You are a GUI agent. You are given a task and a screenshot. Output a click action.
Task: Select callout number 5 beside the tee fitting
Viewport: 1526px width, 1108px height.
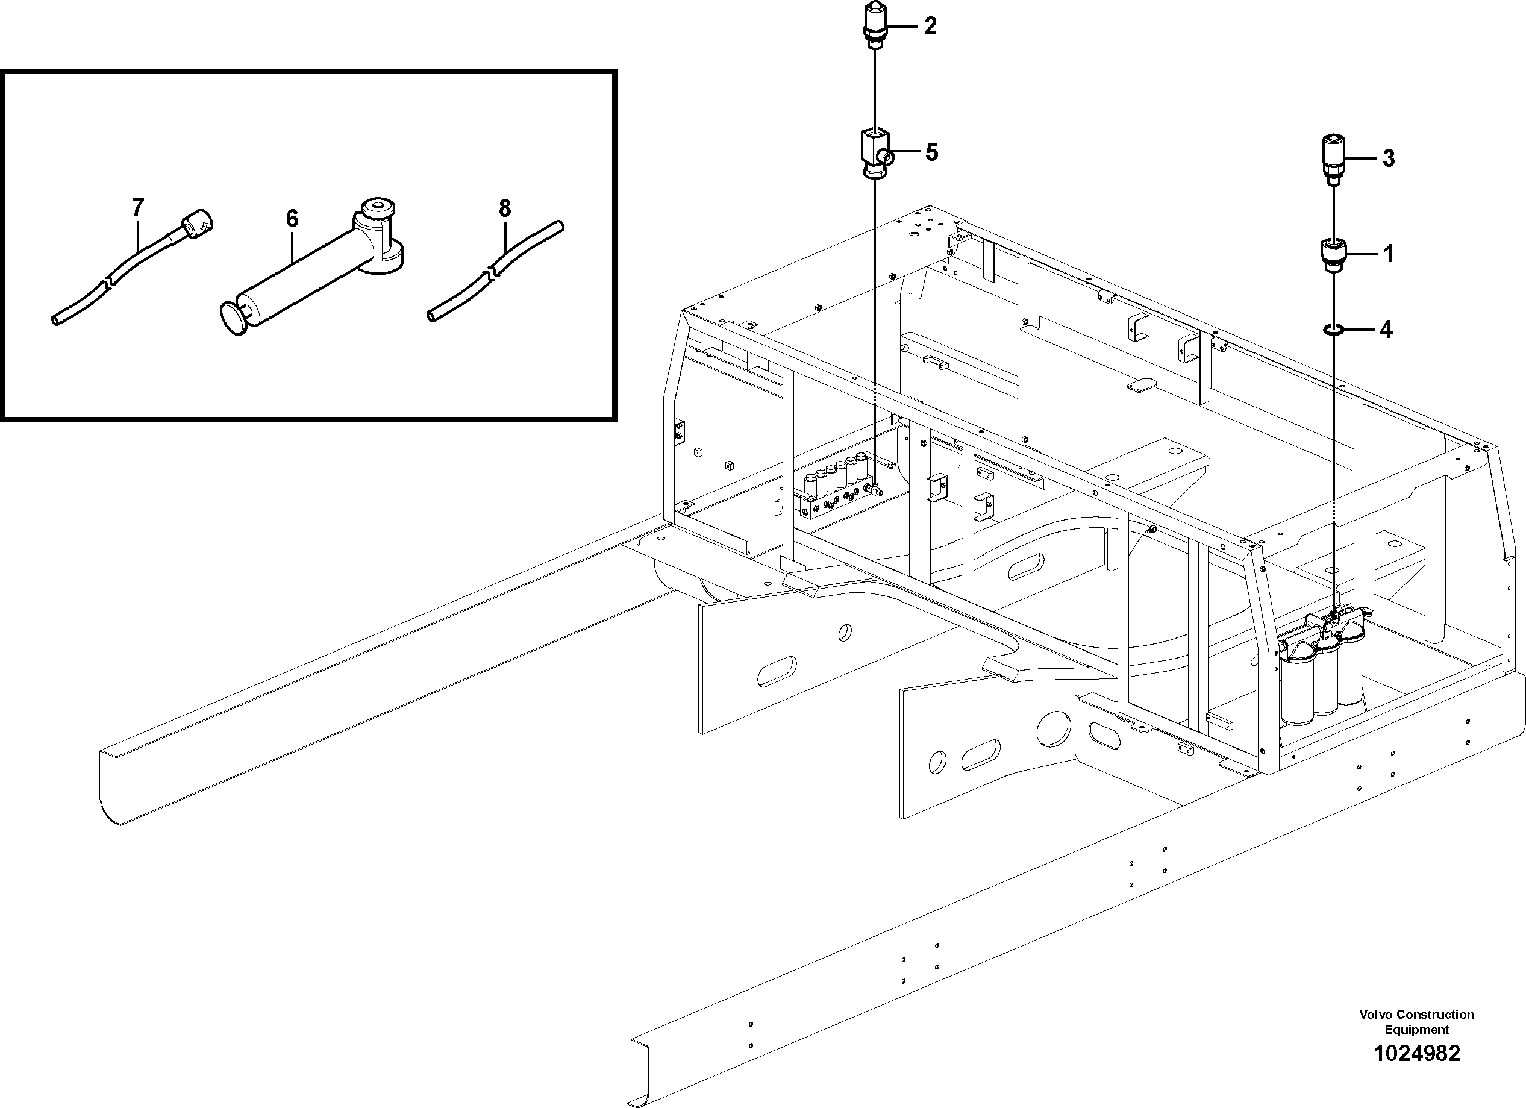[931, 152]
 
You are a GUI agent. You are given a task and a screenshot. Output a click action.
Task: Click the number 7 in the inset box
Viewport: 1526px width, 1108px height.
[138, 207]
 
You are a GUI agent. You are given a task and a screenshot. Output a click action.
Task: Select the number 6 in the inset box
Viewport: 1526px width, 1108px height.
[292, 219]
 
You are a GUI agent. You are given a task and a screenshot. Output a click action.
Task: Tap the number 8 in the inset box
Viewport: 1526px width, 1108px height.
[505, 208]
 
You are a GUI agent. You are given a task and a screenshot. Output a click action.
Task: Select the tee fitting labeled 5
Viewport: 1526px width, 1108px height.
[875, 154]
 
